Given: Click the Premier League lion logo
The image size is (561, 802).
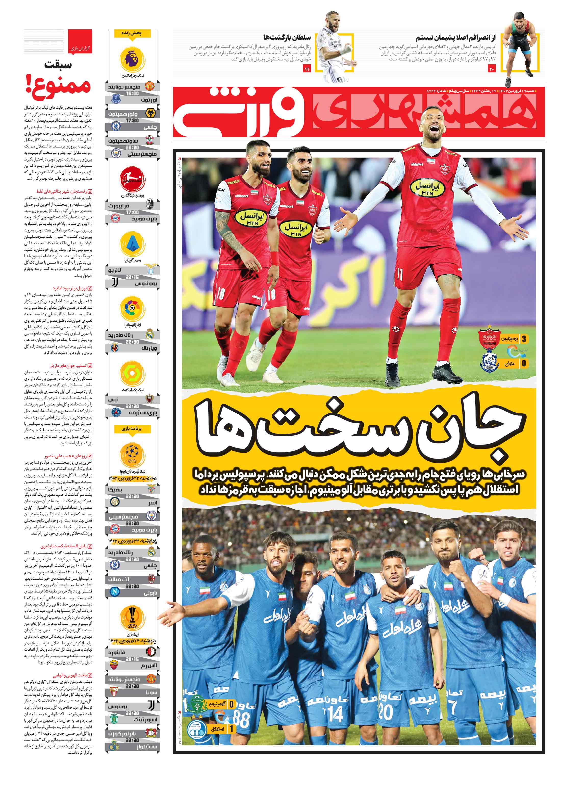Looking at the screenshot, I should [x=132, y=59].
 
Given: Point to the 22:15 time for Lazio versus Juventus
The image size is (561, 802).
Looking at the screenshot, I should [x=132, y=277].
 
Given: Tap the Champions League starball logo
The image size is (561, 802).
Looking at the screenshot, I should [x=132, y=454].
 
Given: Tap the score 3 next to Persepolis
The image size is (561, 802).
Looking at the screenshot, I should [x=524, y=338].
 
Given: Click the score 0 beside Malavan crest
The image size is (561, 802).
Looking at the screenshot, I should [x=524, y=364].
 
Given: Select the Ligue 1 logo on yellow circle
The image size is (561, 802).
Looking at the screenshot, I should [x=132, y=374].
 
